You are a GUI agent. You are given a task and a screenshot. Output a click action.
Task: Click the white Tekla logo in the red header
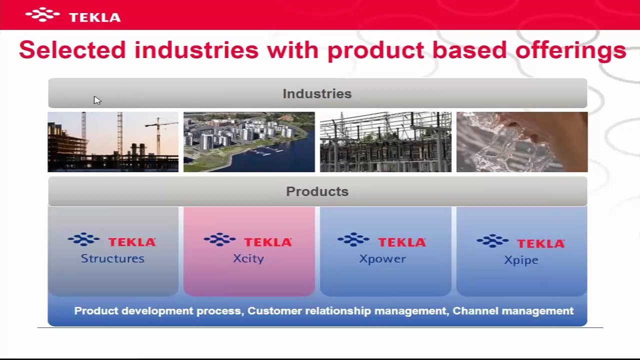[x=73, y=15]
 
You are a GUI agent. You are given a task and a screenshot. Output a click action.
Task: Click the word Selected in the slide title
[x=72, y=50]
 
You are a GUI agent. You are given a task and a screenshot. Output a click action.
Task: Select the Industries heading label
[x=317, y=93]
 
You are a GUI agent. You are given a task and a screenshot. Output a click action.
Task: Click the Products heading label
[x=317, y=191]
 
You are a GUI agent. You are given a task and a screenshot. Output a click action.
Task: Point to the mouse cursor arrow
[x=97, y=100]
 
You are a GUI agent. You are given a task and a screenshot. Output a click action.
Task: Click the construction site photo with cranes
[x=113, y=141]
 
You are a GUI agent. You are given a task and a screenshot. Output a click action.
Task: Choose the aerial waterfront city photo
[x=249, y=141]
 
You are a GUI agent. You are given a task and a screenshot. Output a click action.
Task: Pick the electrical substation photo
[x=385, y=141]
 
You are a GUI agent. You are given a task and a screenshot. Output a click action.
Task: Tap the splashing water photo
[x=522, y=141]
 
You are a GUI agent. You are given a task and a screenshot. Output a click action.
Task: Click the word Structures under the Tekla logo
[x=112, y=258]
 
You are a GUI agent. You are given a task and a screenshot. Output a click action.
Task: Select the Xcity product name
[x=248, y=259]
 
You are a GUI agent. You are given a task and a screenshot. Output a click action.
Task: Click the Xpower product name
[x=382, y=259]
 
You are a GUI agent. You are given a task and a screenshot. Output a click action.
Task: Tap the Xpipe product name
[x=521, y=260]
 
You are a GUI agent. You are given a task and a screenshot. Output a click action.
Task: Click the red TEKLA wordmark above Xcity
[x=268, y=242]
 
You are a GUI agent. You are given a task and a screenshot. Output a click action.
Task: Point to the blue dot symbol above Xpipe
[x=492, y=241]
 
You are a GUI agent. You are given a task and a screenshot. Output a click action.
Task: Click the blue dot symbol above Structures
[x=83, y=239]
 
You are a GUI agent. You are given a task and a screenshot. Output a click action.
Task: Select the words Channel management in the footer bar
[x=513, y=311]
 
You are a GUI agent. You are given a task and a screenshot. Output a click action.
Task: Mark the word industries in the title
[x=196, y=50]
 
